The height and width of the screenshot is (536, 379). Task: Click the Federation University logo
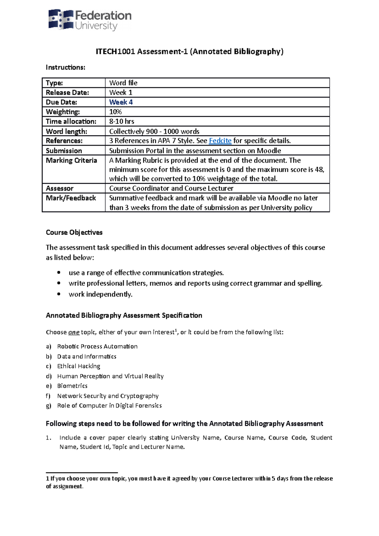tap(90, 20)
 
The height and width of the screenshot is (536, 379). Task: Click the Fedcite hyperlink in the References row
tap(220, 141)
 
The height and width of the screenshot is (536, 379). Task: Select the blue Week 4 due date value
tap(121, 102)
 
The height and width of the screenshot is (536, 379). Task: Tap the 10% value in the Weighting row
tap(116, 112)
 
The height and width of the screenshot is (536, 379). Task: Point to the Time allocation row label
tap(71, 122)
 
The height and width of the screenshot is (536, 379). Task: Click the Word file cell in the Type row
tap(123, 83)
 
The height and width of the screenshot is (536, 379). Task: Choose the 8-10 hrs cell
tap(122, 122)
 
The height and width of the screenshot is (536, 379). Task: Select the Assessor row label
tap(60, 188)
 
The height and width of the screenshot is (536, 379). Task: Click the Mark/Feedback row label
tap(71, 198)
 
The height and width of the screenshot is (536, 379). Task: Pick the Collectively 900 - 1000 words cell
tap(154, 131)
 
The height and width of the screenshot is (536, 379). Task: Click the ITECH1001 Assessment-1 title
tap(189, 51)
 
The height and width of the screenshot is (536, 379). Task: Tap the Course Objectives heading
tap(74, 232)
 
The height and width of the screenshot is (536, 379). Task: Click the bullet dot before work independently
tap(59, 294)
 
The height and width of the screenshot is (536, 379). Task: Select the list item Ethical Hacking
tap(79, 366)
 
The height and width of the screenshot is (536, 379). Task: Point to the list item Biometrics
tap(72, 386)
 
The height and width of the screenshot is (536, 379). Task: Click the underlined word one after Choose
tap(74, 332)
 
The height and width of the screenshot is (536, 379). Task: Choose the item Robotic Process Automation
tap(97, 346)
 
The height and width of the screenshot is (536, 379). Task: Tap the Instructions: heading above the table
tap(65, 67)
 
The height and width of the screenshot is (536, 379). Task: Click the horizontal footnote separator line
tap(82, 473)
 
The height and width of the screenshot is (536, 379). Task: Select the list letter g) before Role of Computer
tap(48, 406)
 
